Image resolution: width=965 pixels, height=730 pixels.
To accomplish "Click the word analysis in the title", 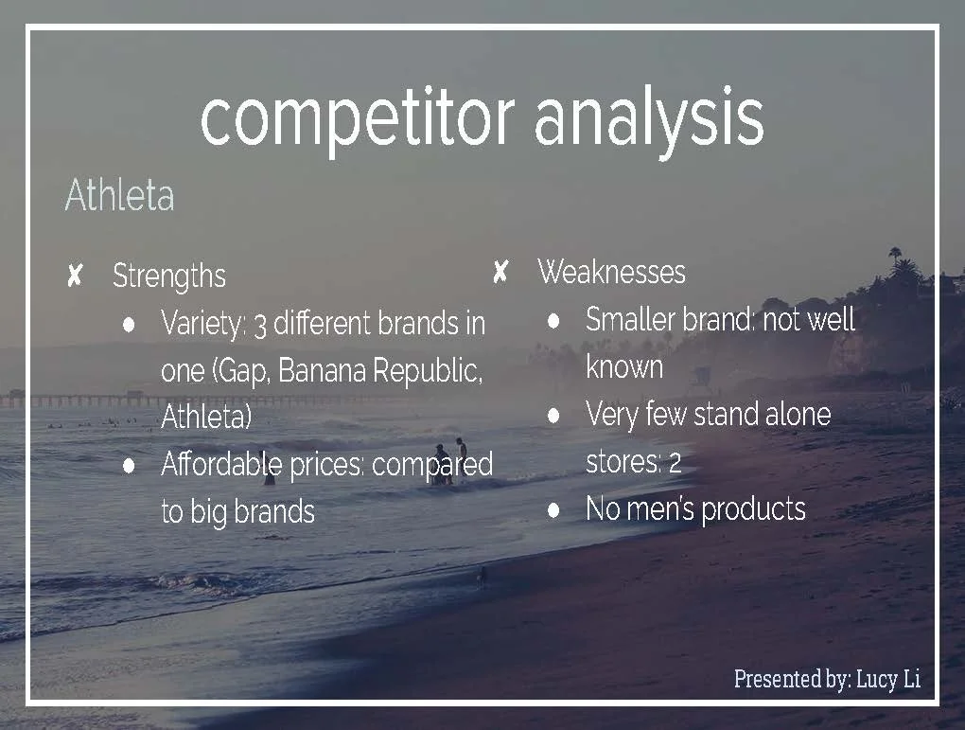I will pyautogui.click(x=648, y=118).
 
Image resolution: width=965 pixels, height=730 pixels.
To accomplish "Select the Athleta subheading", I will pyautogui.click(x=119, y=197).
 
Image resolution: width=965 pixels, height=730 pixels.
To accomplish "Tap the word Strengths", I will pyautogui.click(x=169, y=276).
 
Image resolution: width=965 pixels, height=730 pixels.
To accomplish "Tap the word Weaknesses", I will pyautogui.click(x=611, y=272).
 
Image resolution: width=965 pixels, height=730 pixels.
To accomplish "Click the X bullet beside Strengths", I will pyautogui.click(x=75, y=276).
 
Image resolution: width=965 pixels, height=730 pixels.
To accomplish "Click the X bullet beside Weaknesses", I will pyautogui.click(x=500, y=273).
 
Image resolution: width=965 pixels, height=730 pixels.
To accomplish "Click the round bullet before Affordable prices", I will pyautogui.click(x=129, y=466).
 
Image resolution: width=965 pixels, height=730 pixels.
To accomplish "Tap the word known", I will pyautogui.click(x=624, y=366).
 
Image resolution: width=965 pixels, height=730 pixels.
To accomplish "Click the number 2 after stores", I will pyautogui.click(x=675, y=463).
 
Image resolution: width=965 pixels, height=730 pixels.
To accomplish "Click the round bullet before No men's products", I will pyautogui.click(x=554, y=509).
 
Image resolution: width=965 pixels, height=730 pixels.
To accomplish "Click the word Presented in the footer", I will pyautogui.click(x=776, y=679).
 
